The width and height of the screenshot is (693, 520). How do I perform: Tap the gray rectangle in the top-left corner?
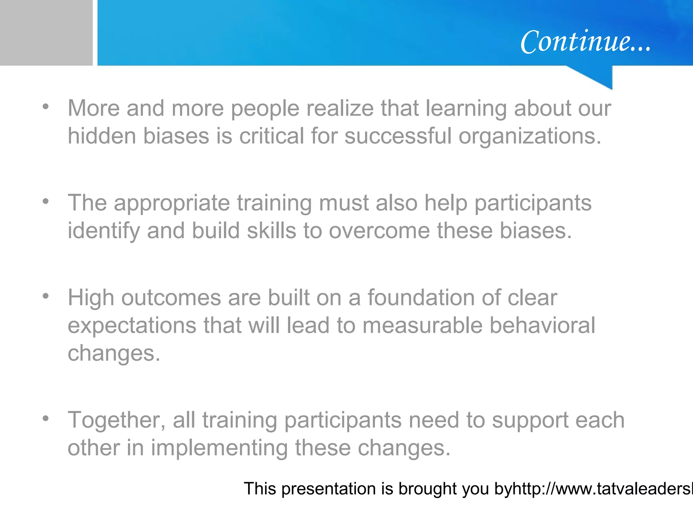click(x=46, y=32)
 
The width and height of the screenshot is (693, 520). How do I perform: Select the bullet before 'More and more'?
click(x=46, y=107)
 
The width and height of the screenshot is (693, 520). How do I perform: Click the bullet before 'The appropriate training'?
click(x=46, y=202)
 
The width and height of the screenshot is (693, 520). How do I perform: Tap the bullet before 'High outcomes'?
click(x=46, y=297)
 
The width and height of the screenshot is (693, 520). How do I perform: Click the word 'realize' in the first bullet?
click(x=340, y=108)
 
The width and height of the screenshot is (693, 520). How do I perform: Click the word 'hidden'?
click(x=102, y=136)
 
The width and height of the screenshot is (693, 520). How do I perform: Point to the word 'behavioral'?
click(x=542, y=326)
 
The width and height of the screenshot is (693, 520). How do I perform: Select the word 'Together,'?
click(x=117, y=420)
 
